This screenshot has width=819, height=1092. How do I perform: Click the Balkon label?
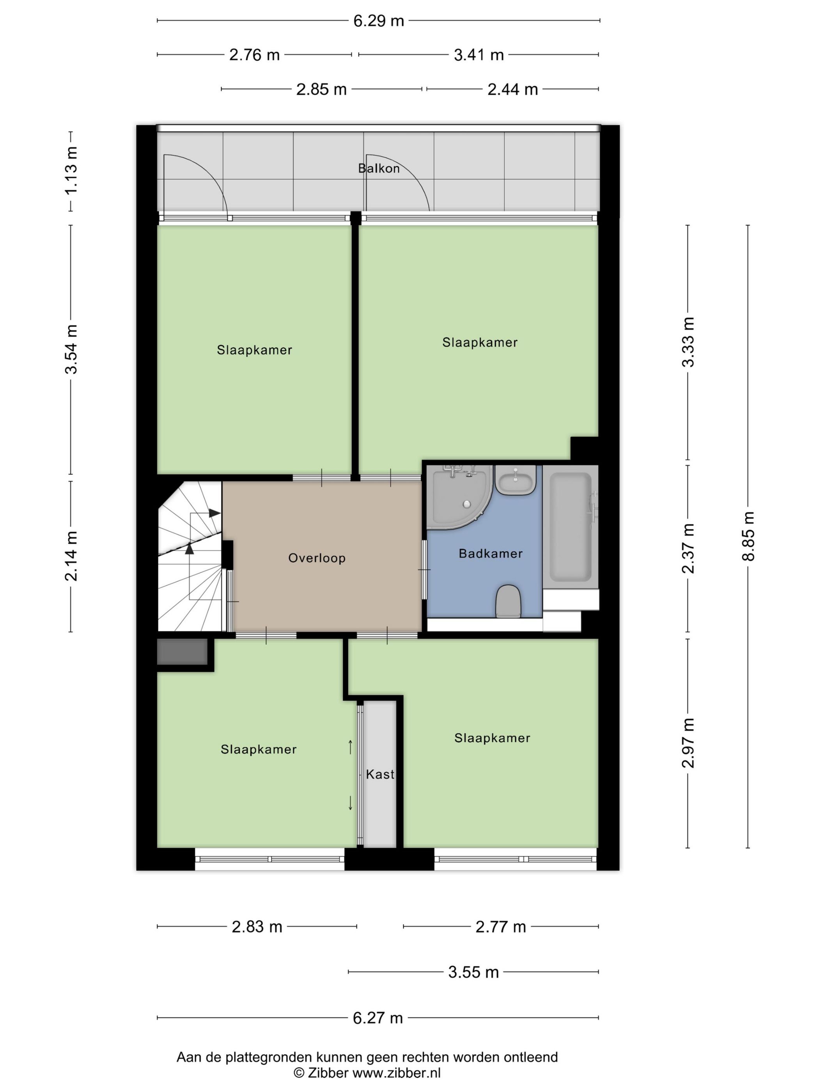[x=378, y=168]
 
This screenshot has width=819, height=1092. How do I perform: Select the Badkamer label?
[x=490, y=553]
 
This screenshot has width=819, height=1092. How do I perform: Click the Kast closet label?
[x=379, y=774]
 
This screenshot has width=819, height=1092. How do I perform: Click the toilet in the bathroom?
[x=508, y=601]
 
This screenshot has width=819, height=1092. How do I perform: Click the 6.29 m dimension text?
[x=379, y=21]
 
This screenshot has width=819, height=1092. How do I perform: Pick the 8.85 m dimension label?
[x=748, y=536]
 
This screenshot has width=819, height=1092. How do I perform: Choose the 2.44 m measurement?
[x=512, y=89]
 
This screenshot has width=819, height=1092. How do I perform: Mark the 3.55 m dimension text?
[x=473, y=972]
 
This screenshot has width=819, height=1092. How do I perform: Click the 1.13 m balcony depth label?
[x=71, y=171]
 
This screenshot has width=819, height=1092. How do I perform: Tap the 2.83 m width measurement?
[x=257, y=927]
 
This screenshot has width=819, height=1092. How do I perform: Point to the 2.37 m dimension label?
[x=688, y=548]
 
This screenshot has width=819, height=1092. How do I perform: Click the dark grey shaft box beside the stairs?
[x=182, y=652]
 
